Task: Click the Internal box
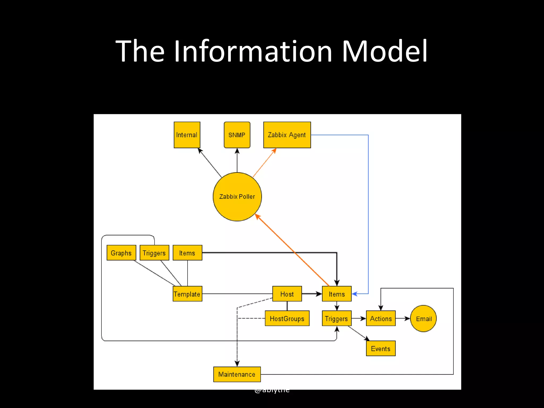(x=187, y=135)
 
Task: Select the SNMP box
(x=237, y=135)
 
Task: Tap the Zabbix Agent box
(x=287, y=135)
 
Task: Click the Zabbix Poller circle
(x=237, y=197)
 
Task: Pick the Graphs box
(x=121, y=253)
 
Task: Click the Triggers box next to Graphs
(x=154, y=253)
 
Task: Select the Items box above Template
(x=187, y=253)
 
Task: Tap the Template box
(x=187, y=294)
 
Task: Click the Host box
(x=287, y=294)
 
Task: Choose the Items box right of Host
(x=337, y=294)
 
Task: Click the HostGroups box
(x=287, y=318)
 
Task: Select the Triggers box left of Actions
(x=337, y=318)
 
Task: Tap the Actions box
(x=381, y=318)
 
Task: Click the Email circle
(x=423, y=318)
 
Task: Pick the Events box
(x=381, y=348)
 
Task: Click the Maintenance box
(x=237, y=374)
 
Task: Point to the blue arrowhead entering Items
(x=355, y=294)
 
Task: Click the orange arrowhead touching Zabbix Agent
(x=274, y=151)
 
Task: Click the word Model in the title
(x=384, y=51)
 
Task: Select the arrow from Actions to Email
(x=402, y=318)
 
